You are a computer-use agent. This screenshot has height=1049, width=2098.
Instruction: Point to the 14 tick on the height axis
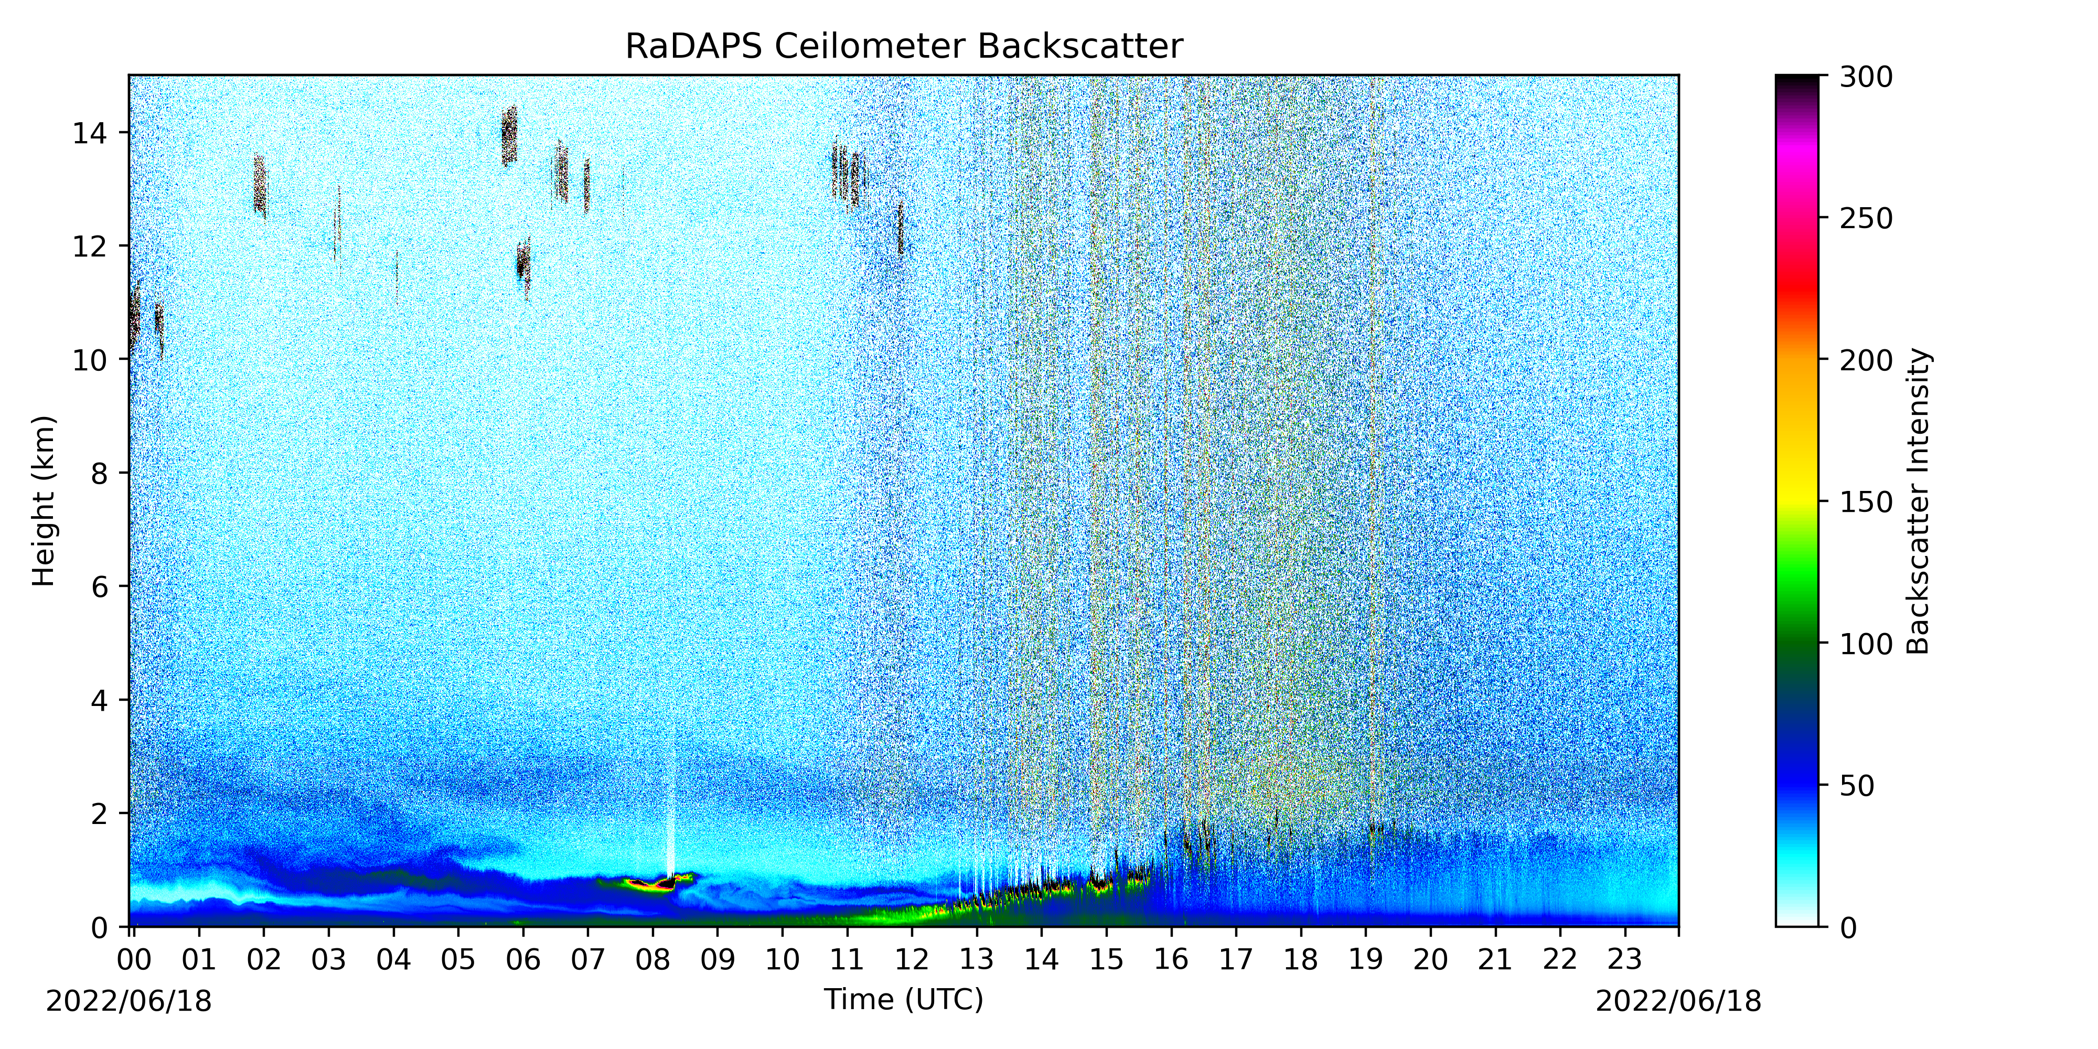124,132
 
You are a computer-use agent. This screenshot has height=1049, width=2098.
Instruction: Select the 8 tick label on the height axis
99,473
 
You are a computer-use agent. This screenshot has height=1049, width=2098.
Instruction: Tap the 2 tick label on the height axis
99,813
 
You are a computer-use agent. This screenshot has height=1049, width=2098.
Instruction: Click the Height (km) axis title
44,501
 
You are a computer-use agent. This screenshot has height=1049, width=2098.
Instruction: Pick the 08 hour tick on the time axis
652,932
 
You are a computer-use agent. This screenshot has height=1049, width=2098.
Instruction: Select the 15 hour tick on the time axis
1106,932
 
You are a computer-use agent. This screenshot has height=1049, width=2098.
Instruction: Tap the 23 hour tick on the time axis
1625,932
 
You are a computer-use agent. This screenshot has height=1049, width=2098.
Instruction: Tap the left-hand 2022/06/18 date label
129,1001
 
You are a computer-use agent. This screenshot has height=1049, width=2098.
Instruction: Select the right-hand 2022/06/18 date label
1678,1001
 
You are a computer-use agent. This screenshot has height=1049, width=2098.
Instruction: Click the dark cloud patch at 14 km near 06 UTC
509,135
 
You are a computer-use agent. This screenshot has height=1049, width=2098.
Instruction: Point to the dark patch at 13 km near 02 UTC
260,186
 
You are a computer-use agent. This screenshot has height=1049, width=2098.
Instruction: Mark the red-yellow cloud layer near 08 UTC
651,884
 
